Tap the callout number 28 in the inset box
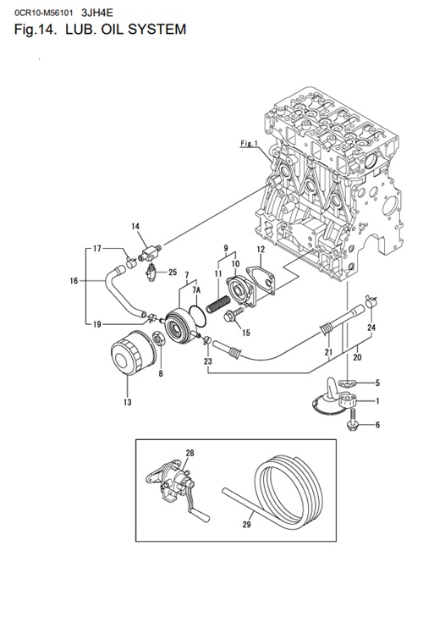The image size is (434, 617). point(190,454)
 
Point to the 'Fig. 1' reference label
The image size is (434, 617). point(248,144)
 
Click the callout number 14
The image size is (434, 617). point(136,226)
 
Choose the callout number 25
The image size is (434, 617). point(173,272)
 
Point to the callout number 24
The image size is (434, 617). point(371,328)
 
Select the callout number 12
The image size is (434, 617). point(261,251)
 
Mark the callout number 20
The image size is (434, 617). point(356,357)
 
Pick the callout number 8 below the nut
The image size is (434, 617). point(162,372)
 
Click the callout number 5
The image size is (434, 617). point(377,383)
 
